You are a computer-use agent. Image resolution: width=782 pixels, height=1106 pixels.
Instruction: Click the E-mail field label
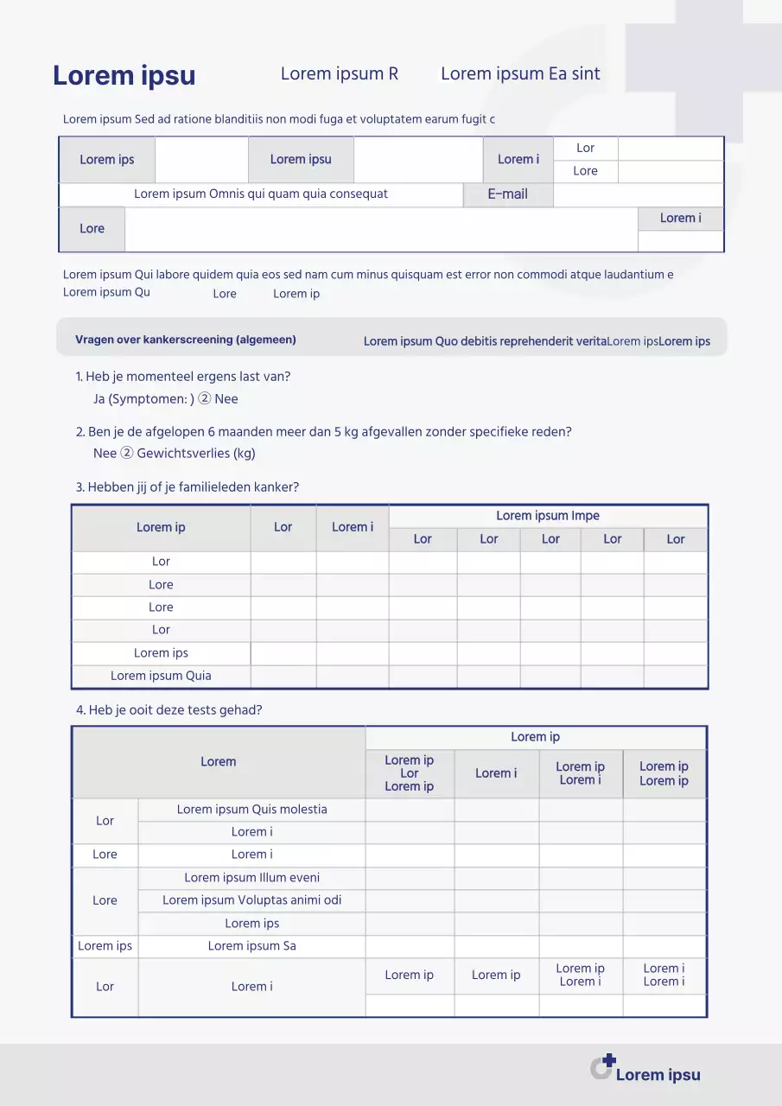click(507, 194)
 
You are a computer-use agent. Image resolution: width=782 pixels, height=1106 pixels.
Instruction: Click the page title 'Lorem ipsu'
click(124, 76)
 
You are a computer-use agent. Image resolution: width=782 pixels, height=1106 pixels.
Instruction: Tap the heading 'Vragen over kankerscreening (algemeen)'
click(186, 340)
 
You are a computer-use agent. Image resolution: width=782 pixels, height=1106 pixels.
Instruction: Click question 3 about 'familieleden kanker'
click(188, 487)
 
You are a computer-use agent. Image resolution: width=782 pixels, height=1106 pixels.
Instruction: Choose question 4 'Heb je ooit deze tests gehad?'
click(169, 710)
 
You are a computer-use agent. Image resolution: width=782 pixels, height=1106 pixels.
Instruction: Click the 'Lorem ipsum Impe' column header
click(548, 516)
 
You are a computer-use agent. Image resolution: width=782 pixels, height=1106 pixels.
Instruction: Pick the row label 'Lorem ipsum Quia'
click(161, 676)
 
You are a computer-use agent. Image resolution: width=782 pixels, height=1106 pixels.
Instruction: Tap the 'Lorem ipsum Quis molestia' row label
click(252, 810)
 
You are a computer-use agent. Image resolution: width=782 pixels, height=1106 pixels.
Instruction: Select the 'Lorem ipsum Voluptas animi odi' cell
click(252, 900)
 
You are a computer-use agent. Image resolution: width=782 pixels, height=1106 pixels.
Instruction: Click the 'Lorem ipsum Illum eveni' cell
click(252, 878)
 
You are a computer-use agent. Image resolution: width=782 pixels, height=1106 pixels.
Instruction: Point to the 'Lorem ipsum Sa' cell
click(252, 946)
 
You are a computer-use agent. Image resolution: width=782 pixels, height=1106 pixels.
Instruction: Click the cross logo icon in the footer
click(603, 1067)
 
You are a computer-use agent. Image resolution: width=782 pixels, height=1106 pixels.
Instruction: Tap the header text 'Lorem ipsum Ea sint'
click(520, 74)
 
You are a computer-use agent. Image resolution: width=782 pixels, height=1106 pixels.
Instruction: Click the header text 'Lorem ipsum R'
click(340, 74)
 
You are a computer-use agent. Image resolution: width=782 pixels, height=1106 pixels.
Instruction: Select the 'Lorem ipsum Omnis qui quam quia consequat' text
click(261, 194)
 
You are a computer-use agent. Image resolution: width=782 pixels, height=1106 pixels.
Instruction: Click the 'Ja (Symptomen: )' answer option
click(143, 399)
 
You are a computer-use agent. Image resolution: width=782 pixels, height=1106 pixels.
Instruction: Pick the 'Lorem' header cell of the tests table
click(219, 762)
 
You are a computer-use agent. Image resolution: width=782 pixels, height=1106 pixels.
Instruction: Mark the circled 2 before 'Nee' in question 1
click(205, 399)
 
